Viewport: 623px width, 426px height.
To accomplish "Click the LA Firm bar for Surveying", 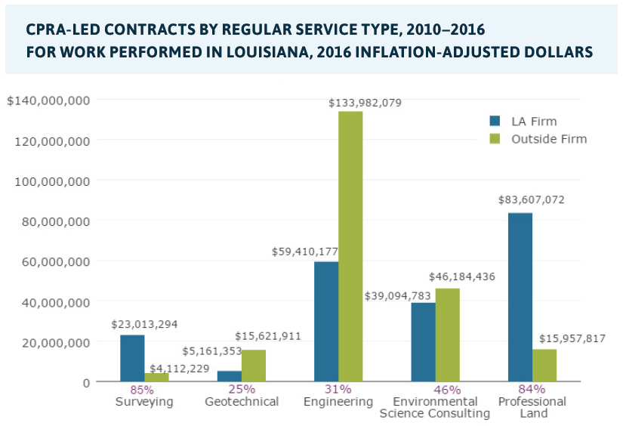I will click(132, 358).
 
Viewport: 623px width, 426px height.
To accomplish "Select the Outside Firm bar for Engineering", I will click(350, 246).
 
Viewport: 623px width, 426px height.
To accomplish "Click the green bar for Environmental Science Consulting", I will click(447, 335).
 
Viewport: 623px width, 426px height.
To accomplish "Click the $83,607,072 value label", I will click(531, 200).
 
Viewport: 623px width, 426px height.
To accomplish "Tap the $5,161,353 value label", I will click(212, 352).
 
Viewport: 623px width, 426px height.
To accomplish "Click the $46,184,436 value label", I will click(462, 277).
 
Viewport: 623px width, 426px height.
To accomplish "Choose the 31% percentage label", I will click(338, 390).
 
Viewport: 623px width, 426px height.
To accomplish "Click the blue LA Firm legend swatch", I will click(495, 122).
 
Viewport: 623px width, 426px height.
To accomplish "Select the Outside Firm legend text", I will click(548, 139).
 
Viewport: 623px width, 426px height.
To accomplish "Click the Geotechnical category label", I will click(242, 402).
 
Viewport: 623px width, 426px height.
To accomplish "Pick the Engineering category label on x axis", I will click(338, 402).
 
